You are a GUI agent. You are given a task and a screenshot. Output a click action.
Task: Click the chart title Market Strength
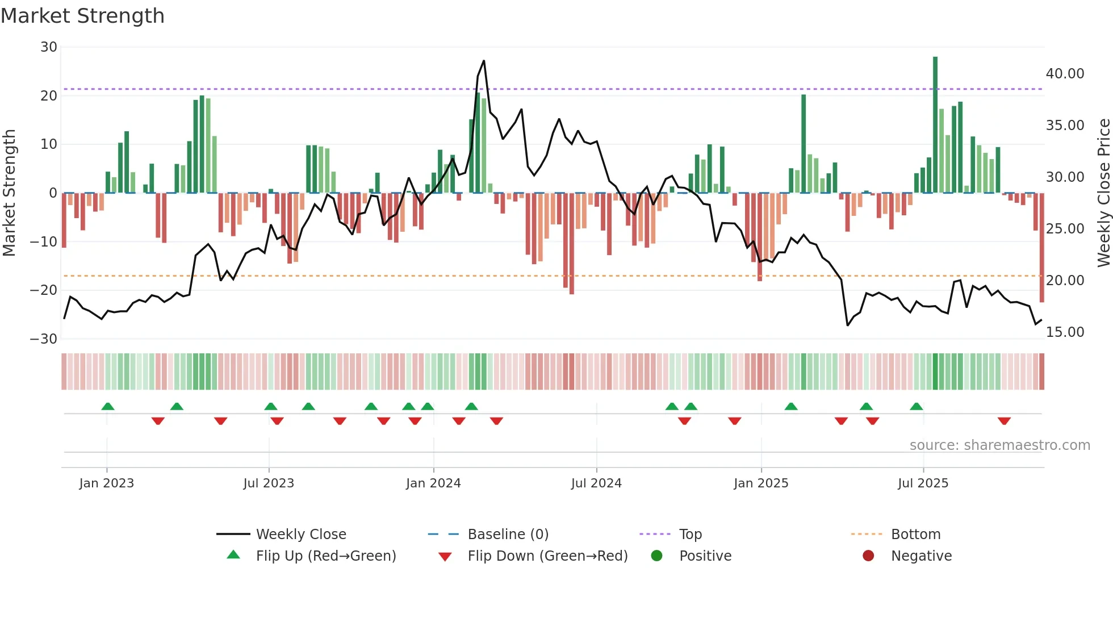point(83,16)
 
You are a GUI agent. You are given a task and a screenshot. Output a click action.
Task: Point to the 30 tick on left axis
point(49,47)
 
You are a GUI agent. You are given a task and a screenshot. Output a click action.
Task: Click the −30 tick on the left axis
point(44,339)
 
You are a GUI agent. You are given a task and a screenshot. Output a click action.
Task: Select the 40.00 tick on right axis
point(1065,74)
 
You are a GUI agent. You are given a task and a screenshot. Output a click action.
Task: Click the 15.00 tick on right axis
point(1065,332)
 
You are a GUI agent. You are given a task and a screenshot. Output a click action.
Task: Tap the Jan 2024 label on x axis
point(433,483)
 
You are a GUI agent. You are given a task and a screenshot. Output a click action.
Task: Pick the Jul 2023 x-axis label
point(269,483)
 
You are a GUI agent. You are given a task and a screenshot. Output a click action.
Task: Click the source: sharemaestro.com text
point(999,445)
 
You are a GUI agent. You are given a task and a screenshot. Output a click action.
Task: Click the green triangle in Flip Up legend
point(233,555)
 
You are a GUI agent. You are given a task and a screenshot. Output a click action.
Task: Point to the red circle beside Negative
point(868,556)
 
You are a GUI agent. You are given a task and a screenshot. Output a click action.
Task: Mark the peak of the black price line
point(484,61)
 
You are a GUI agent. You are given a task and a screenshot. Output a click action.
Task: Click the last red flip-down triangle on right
point(1004,421)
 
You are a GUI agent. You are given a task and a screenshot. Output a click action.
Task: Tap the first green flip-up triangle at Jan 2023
point(108,406)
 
